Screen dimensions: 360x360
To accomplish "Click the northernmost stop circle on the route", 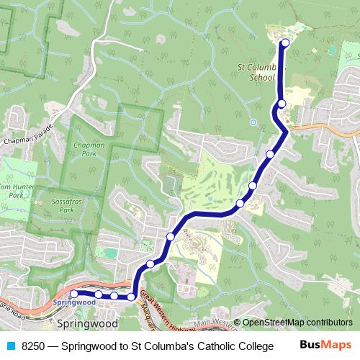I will (x=285, y=43).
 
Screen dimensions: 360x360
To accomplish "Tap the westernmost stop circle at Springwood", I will (x=73, y=294).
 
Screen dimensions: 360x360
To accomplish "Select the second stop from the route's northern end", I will (x=282, y=104).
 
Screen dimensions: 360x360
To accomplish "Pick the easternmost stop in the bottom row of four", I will (x=132, y=297).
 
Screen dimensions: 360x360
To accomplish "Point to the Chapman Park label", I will (x=89, y=149).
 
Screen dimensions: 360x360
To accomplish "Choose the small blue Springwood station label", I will (x=73, y=303).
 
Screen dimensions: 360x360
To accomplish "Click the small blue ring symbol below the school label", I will (x=253, y=122).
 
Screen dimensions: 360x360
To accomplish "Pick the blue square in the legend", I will (x=12, y=346).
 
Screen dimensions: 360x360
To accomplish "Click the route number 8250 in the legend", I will (x=34, y=346).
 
